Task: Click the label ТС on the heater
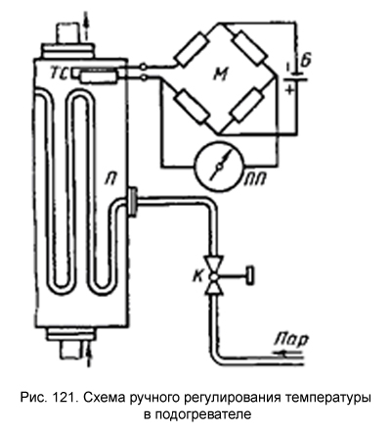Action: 60,74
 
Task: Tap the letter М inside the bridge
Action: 221,74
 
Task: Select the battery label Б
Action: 304,61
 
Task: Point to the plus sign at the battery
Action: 288,89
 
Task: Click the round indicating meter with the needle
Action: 219,167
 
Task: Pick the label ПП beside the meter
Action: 255,179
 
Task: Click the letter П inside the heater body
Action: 111,179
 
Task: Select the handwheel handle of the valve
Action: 250,276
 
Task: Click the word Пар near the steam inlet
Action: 291,341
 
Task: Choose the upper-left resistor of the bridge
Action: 192,50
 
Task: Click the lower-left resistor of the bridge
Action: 193,106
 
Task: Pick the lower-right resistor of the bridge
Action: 246,106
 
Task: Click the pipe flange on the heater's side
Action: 133,201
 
